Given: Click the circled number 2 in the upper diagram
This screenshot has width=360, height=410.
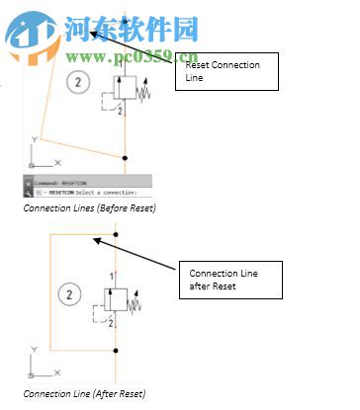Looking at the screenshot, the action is tap(79, 82).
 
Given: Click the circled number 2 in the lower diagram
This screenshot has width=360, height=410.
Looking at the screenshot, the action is tap(69, 293).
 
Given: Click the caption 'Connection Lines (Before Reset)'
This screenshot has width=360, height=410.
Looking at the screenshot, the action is tap(90, 208).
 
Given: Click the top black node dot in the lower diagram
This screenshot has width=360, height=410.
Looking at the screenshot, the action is tap(116, 234).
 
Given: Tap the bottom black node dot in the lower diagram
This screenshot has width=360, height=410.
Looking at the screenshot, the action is tap(117, 351).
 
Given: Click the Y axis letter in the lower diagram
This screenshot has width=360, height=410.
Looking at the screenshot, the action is tap(35, 349).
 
